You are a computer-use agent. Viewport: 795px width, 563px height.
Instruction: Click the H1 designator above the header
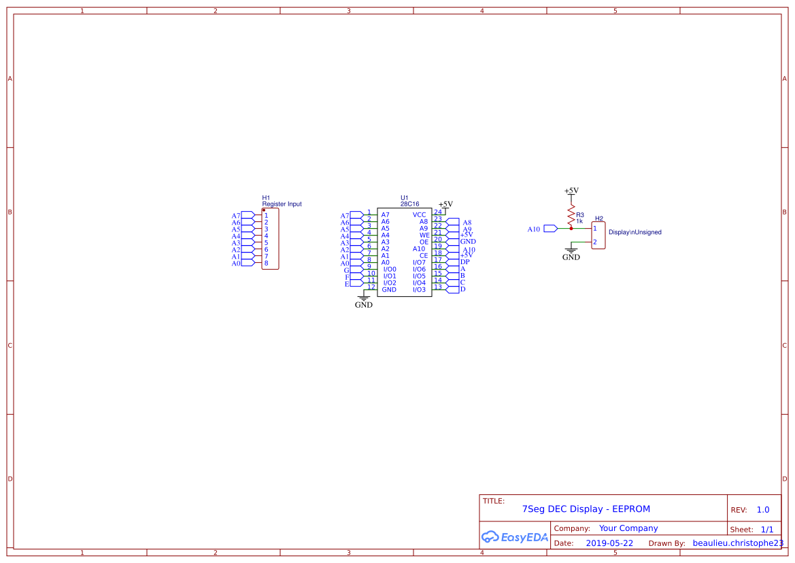point(266,197)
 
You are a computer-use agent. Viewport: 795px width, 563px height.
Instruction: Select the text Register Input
point(282,204)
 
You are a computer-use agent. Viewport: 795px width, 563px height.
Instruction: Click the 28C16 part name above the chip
point(409,204)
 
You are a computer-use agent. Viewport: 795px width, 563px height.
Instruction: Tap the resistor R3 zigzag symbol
point(571,214)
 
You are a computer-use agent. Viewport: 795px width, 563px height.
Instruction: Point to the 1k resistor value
point(579,221)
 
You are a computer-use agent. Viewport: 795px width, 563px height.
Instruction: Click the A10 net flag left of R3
point(550,229)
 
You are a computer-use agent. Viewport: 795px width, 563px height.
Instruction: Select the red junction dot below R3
point(571,229)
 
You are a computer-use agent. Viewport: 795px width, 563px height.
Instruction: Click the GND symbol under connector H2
point(571,253)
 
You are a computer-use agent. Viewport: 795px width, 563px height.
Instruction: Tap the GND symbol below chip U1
point(364,300)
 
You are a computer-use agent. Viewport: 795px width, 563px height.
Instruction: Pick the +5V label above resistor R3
point(571,191)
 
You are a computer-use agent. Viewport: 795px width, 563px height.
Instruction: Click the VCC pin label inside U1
point(420,214)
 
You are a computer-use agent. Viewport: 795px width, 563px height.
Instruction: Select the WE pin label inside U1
point(424,235)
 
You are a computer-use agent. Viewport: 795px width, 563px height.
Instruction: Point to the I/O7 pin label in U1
point(419,262)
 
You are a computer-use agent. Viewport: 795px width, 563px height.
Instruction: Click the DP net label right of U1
point(465,262)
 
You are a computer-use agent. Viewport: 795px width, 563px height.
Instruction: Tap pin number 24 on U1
point(438,212)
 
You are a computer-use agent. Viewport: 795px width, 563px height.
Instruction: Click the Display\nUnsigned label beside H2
point(635,232)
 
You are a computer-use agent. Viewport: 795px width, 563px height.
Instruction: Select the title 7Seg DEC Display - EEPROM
point(586,509)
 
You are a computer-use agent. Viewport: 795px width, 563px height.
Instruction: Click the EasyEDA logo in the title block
point(514,537)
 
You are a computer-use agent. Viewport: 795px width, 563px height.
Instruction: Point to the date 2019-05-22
point(609,543)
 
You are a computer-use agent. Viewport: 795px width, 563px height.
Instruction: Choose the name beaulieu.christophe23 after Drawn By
point(738,543)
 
